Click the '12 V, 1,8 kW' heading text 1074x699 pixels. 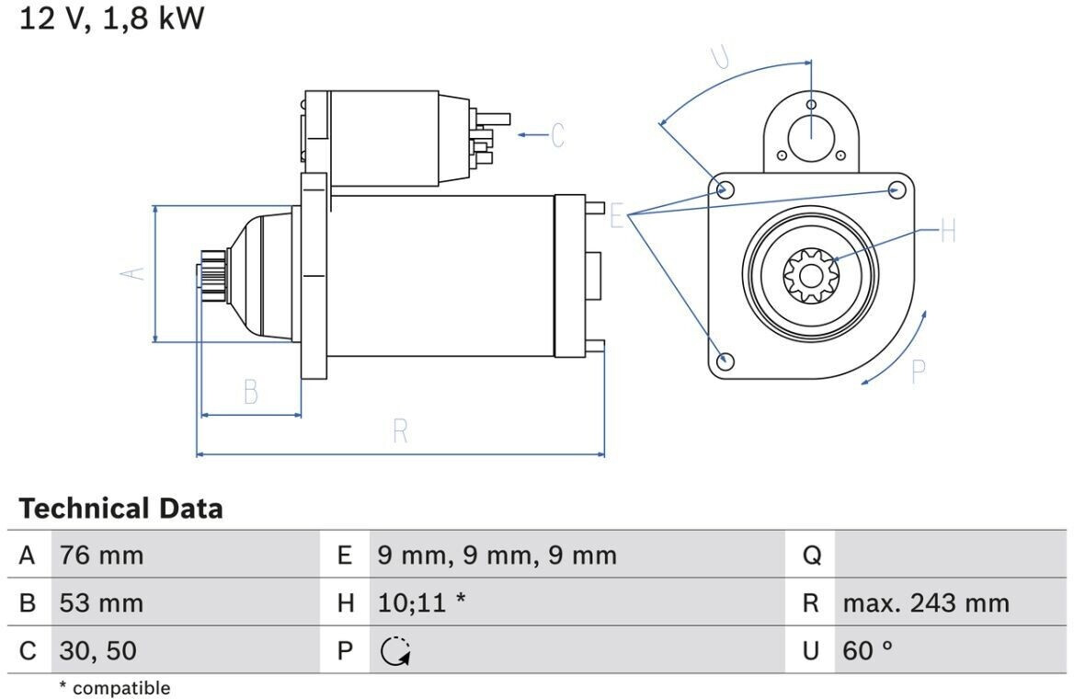point(111,17)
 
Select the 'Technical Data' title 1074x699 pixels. point(120,509)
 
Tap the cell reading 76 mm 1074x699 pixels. point(101,556)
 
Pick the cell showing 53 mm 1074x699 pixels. point(101,603)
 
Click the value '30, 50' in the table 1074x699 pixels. point(98,650)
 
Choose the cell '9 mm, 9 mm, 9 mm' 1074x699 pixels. point(497,556)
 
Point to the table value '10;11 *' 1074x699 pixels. point(421,603)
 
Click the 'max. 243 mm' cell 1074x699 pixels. point(926,603)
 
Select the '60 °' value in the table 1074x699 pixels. point(868,650)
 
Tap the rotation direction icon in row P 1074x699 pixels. point(395,651)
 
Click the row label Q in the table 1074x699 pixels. point(812,556)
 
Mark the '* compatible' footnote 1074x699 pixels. point(114,687)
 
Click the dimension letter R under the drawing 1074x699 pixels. point(401,431)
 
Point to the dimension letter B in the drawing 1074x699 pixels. point(251,393)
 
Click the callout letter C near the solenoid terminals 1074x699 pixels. point(558,135)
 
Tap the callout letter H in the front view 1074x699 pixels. point(948,231)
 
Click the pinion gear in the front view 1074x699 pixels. point(811,276)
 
